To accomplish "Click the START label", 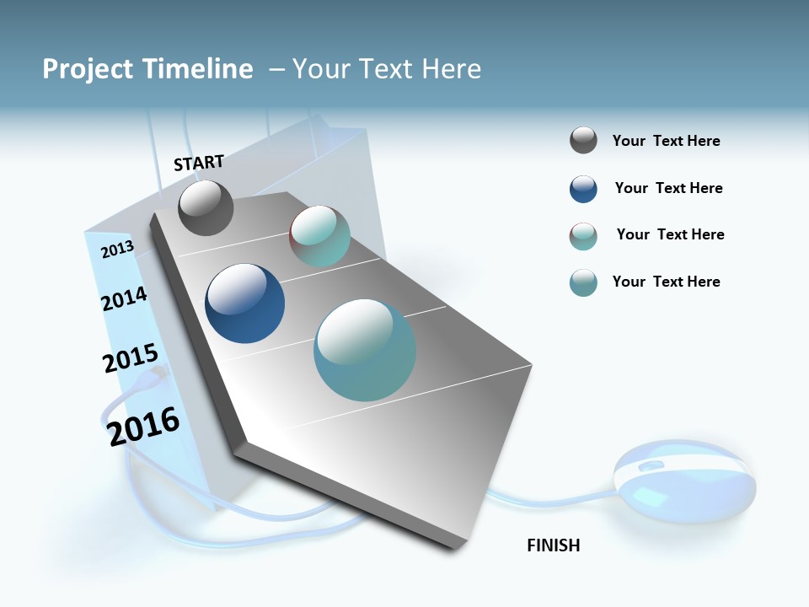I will click(x=199, y=163).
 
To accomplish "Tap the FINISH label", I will click(x=553, y=545).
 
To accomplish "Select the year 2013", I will click(x=117, y=250).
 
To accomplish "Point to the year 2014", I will click(x=124, y=298).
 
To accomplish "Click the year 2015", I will click(x=130, y=359).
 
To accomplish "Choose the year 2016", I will click(x=144, y=426).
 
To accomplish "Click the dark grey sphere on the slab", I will click(x=206, y=207).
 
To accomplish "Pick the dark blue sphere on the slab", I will click(x=244, y=303).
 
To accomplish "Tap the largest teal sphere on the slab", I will click(x=365, y=350).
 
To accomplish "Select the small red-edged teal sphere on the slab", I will click(x=319, y=236).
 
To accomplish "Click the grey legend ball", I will click(x=583, y=140).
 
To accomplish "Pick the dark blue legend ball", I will click(x=583, y=189).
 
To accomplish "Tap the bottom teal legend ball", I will click(x=583, y=282).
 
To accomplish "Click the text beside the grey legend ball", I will click(x=666, y=141).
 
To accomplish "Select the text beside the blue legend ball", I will click(x=668, y=188).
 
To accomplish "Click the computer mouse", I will click(x=684, y=481).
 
